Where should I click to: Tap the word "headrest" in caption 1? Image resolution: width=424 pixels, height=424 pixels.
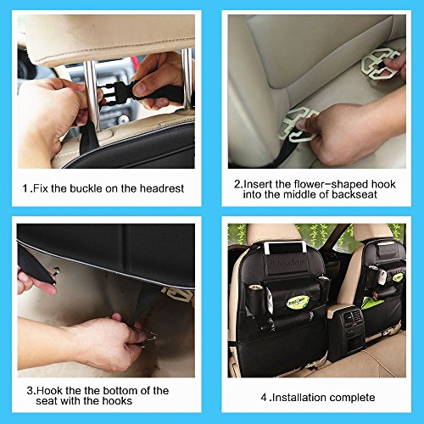162,188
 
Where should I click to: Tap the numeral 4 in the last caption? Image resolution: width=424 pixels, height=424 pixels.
264,398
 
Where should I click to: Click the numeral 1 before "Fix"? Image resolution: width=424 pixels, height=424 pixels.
25,188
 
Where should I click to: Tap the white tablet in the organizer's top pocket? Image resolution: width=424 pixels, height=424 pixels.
286,248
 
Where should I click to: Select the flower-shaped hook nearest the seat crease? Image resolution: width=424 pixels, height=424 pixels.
297,126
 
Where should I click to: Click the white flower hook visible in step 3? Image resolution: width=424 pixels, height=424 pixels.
178,294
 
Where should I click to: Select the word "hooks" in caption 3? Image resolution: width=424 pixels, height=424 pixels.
117,401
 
